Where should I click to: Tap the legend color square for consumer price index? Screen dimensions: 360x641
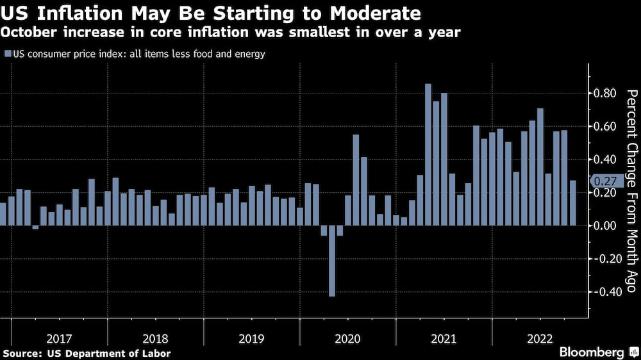[x=7, y=54]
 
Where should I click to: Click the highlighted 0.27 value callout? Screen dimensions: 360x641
[x=604, y=181]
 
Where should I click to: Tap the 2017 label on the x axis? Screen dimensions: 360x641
[x=60, y=337]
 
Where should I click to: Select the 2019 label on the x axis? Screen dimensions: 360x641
[x=252, y=337]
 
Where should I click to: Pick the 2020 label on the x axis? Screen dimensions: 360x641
[x=348, y=337]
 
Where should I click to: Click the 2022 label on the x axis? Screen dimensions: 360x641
[x=540, y=337]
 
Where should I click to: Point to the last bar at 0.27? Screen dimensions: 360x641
[x=572, y=203]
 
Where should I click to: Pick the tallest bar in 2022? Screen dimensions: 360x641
[x=540, y=167]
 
